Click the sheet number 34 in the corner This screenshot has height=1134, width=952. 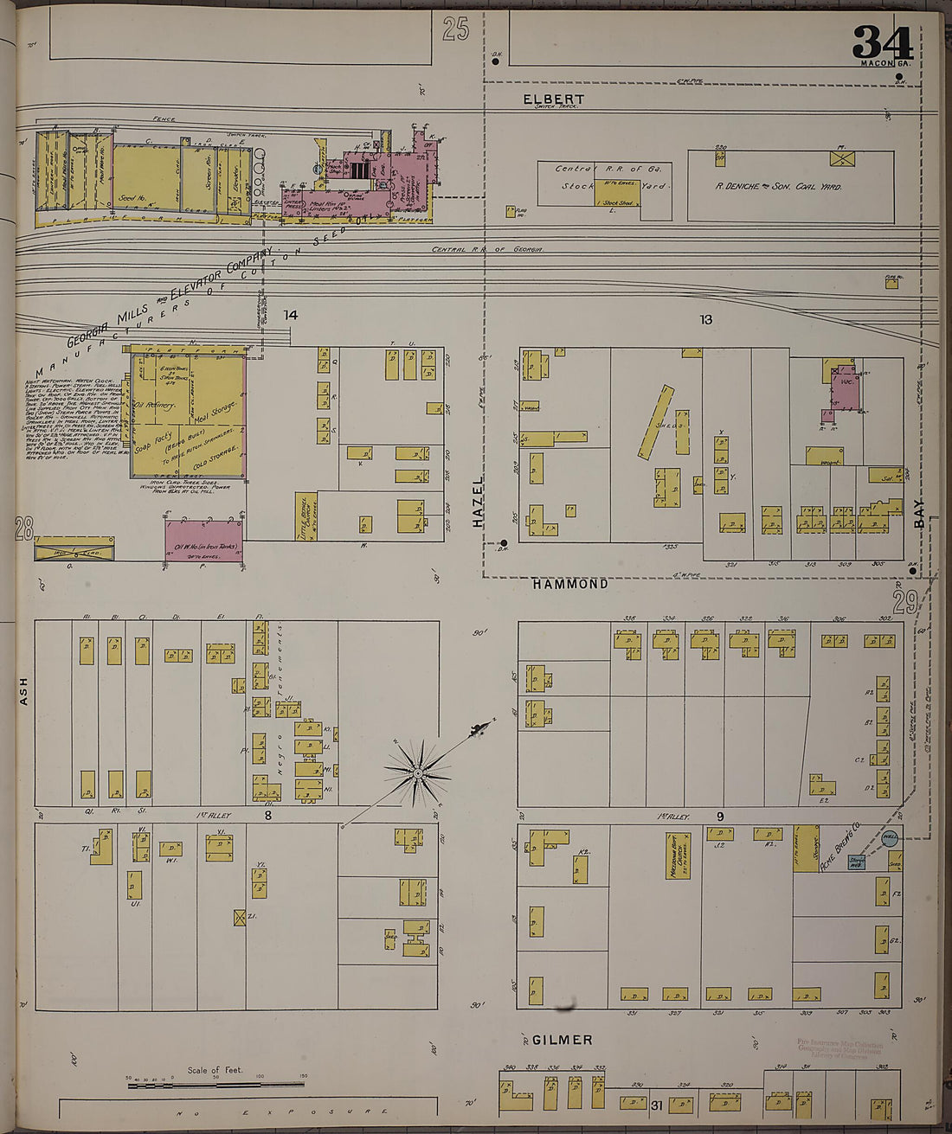tap(882, 42)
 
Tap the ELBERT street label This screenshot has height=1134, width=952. tap(553, 99)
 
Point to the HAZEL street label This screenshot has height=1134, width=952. tap(478, 502)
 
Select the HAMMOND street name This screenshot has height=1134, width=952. tap(569, 584)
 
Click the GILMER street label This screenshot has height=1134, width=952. tap(563, 1040)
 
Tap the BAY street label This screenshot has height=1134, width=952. tap(919, 512)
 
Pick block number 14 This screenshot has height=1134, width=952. tap(290, 315)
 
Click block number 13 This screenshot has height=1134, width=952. tap(705, 319)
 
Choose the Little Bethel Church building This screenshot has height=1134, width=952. tap(306, 517)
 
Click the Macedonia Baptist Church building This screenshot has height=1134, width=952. tap(672, 856)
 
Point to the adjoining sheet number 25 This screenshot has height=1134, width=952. tap(455, 30)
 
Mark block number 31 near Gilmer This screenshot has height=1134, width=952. tap(656, 1105)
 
